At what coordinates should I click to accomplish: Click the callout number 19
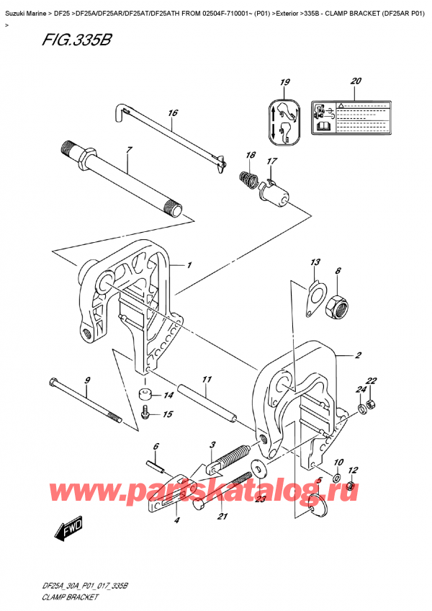click(284, 83)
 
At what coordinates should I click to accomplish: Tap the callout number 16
click(173, 113)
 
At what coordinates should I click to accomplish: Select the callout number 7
click(129, 150)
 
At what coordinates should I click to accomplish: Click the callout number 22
click(371, 381)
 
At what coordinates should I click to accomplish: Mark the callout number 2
click(358, 355)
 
